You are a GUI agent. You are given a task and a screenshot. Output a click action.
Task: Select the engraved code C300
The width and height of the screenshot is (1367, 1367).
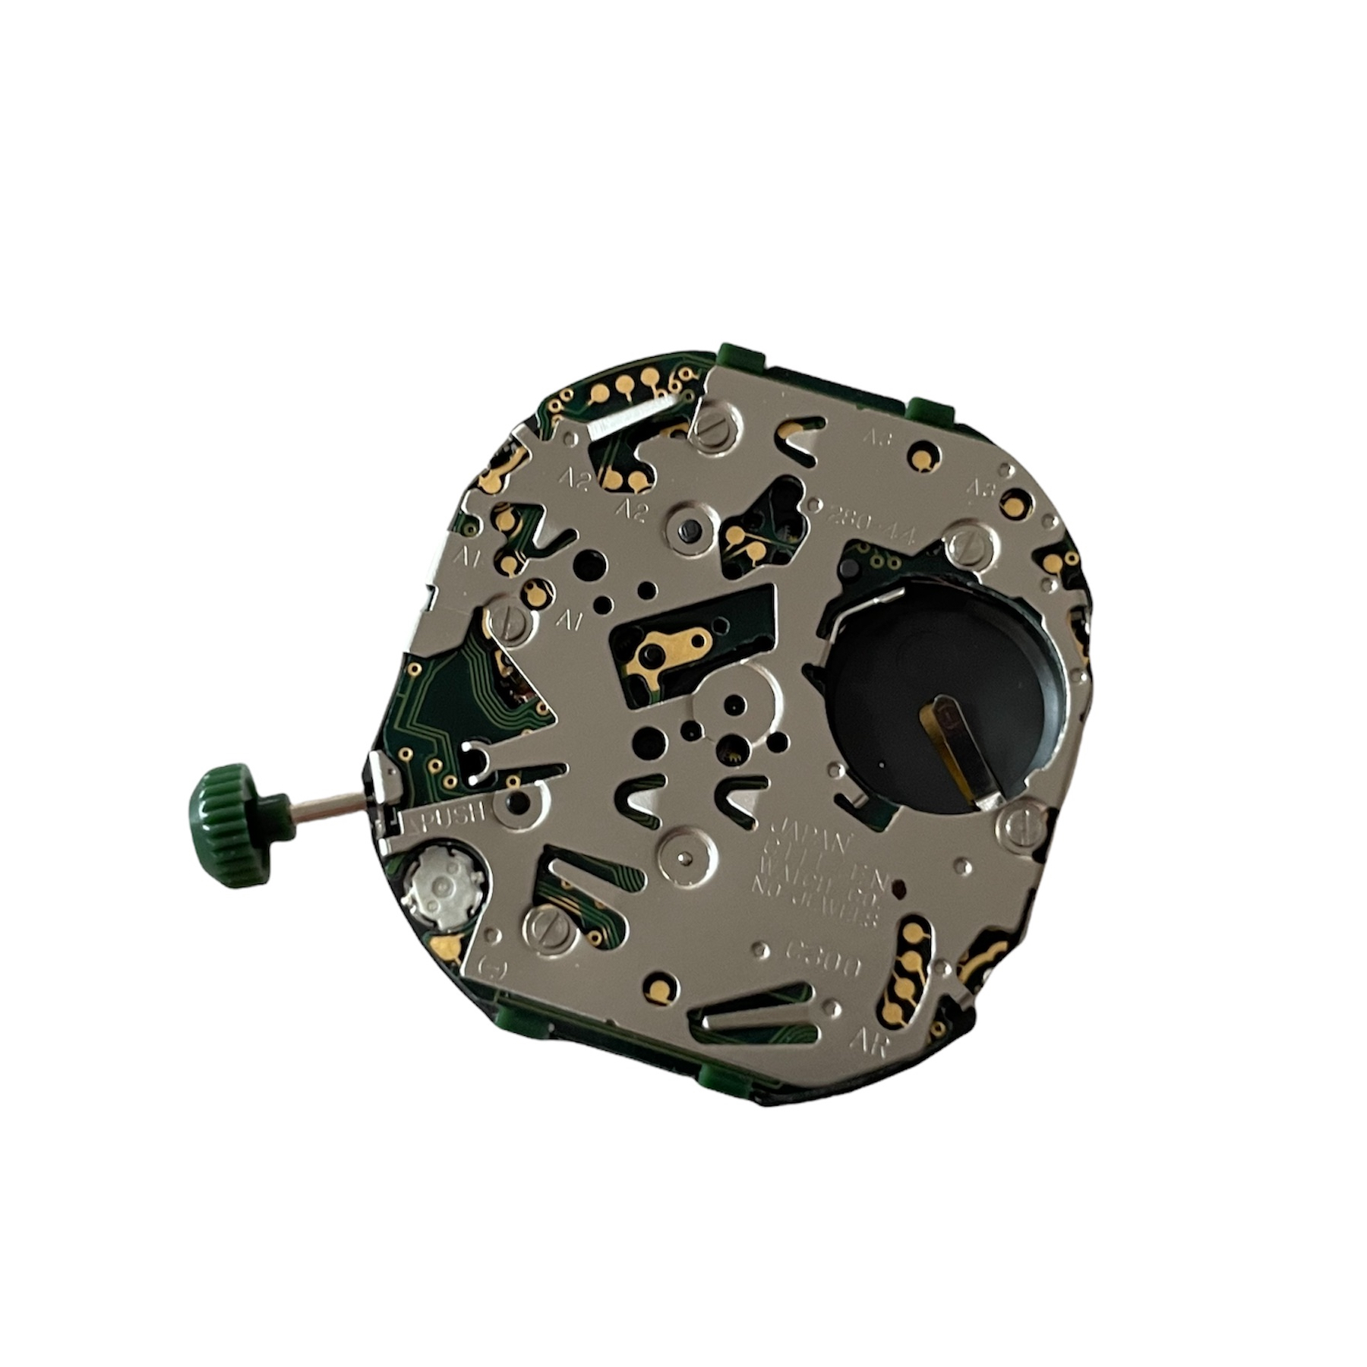823,958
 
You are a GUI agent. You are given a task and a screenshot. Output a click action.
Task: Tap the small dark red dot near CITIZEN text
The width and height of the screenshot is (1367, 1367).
898,886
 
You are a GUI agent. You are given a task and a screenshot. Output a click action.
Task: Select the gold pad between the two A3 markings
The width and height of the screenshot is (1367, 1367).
923,458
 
